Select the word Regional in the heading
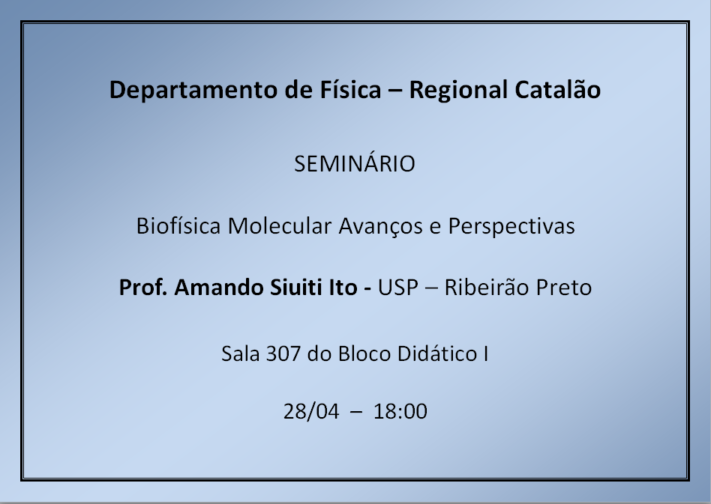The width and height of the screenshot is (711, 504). click(458, 91)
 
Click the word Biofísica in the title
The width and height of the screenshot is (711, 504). click(178, 225)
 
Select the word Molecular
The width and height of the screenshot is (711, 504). click(280, 225)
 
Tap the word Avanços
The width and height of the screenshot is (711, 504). click(381, 226)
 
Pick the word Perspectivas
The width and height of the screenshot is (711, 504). click(511, 227)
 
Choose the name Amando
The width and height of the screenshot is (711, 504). click(220, 287)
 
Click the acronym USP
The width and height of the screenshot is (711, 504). click(398, 288)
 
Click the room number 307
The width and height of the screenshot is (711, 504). click(283, 353)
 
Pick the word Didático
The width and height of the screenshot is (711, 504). click(437, 353)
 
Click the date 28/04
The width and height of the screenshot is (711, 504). click(311, 412)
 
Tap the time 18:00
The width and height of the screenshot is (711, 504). click(400, 412)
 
